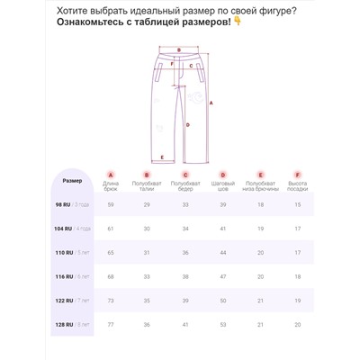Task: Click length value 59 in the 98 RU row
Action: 111,205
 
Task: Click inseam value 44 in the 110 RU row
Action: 223,252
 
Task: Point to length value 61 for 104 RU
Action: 111,229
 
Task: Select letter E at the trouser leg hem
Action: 161,157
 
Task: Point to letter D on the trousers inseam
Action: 180,113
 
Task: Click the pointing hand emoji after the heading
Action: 237,24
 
